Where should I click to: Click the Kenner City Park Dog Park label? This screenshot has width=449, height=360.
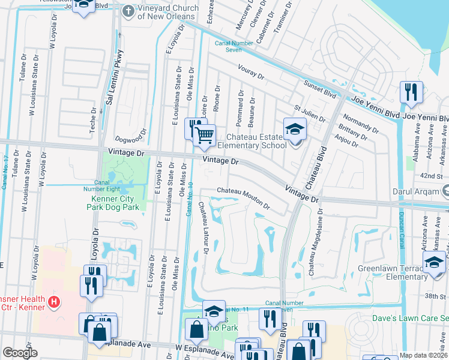[x=115, y=203]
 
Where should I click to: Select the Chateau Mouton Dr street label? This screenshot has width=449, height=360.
[x=243, y=198]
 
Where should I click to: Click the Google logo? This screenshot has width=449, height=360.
[x=20, y=353]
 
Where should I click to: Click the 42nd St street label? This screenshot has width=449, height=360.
[x=431, y=176]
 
